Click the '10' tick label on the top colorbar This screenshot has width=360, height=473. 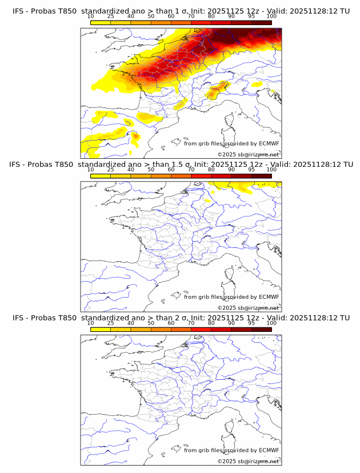(91, 17)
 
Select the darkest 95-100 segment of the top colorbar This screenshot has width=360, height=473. (261, 22)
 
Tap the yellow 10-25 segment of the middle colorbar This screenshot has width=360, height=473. (101, 175)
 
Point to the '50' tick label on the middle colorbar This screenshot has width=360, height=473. (151, 170)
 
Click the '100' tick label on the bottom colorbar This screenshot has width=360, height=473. (271, 323)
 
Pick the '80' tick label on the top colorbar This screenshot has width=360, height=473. (211, 17)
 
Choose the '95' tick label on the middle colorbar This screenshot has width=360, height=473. (251, 170)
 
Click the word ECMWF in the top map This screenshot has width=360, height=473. (269, 144)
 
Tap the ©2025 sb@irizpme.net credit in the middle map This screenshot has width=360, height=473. (249, 307)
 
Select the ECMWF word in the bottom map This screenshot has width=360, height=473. (269, 450)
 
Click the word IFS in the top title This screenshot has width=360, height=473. (19, 11)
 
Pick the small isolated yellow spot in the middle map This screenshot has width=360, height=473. (209, 201)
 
